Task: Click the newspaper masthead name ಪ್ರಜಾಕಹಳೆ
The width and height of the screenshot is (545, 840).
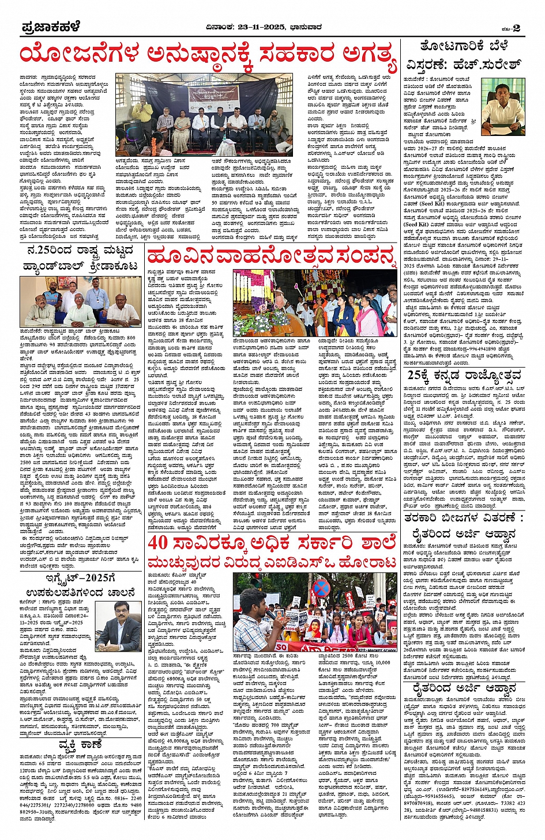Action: (51, 27)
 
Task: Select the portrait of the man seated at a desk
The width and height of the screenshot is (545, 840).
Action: (502, 103)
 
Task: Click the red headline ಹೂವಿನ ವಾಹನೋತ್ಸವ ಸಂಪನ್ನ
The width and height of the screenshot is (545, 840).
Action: (272, 256)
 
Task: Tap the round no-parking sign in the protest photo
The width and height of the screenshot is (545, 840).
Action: (321, 588)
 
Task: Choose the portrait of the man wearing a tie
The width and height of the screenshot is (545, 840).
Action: (119, 626)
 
